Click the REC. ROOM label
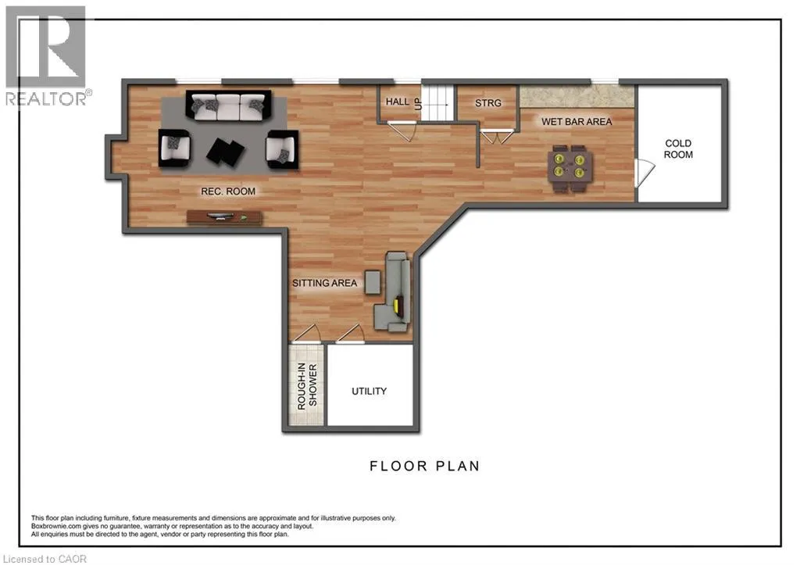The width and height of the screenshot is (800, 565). (228, 191)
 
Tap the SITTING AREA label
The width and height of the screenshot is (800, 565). (324, 283)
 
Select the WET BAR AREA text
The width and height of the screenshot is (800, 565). (577, 121)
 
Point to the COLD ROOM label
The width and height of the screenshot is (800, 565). (678, 148)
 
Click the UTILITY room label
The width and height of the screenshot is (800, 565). (369, 391)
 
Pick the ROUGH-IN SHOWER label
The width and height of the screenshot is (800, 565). (307, 386)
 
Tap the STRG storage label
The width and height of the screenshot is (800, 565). (487, 103)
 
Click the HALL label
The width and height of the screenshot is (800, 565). (398, 102)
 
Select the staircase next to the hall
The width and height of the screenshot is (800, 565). (437, 102)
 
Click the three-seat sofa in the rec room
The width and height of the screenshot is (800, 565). (228, 106)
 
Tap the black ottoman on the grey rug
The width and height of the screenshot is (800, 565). (226, 152)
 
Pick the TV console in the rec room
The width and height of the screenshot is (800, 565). (224, 217)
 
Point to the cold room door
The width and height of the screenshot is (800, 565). (644, 173)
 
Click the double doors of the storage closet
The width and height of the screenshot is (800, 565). (497, 137)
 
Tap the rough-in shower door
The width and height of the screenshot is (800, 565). (306, 333)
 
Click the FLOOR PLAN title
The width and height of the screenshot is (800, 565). (424, 466)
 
